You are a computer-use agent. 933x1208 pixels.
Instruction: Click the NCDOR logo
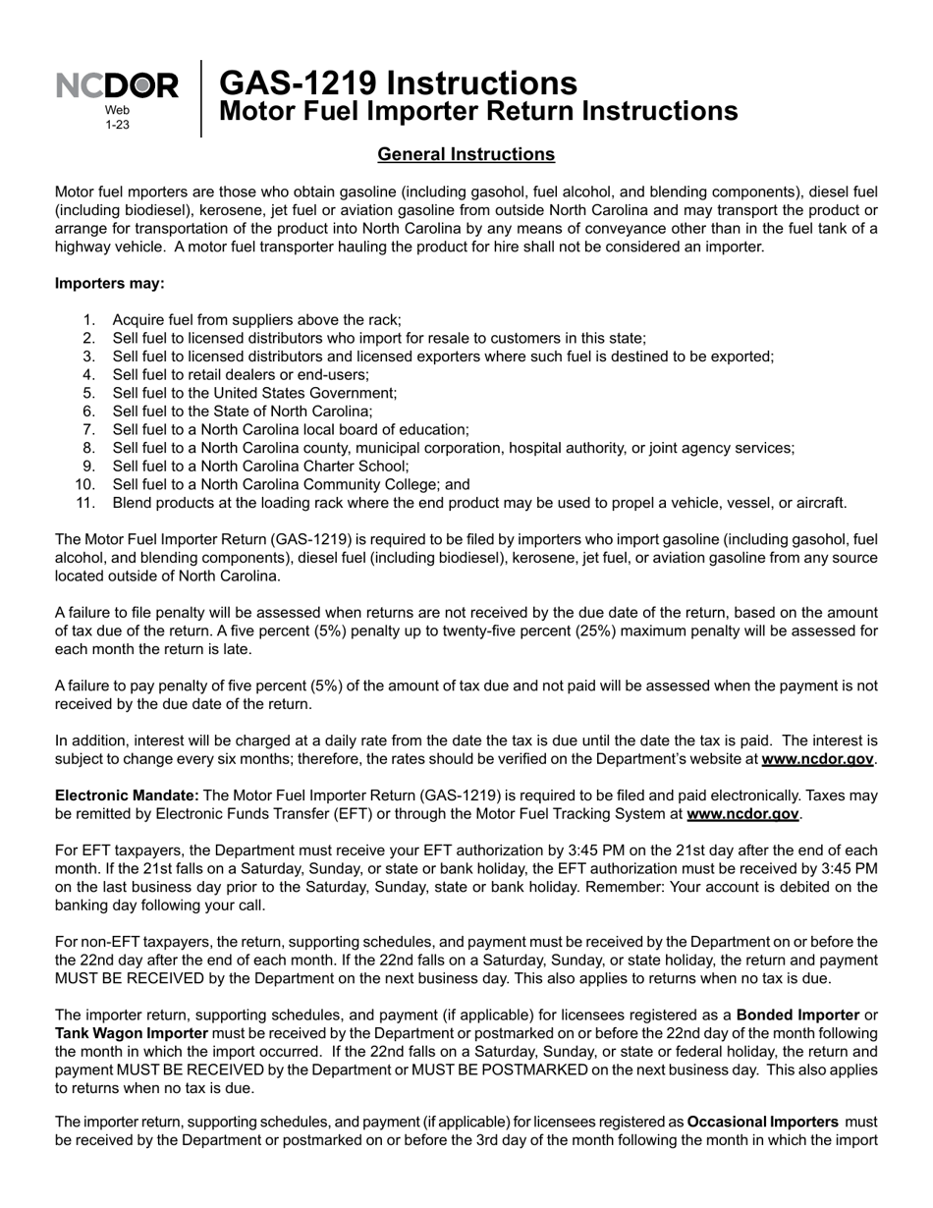click(x=117, y=86)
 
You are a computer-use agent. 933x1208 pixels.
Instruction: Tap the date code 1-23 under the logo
click(x=117, y=125)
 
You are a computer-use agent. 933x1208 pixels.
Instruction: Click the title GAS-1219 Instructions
click(x=398, y=82)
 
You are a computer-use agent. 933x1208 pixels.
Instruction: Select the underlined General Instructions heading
click(x=466, y=154)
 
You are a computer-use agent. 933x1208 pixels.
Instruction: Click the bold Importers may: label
click(x=110, y=284)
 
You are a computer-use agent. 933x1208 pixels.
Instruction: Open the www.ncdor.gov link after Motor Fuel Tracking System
click(x=742, y=814)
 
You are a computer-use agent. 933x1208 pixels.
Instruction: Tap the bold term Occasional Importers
click(x=763, y=1122)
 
